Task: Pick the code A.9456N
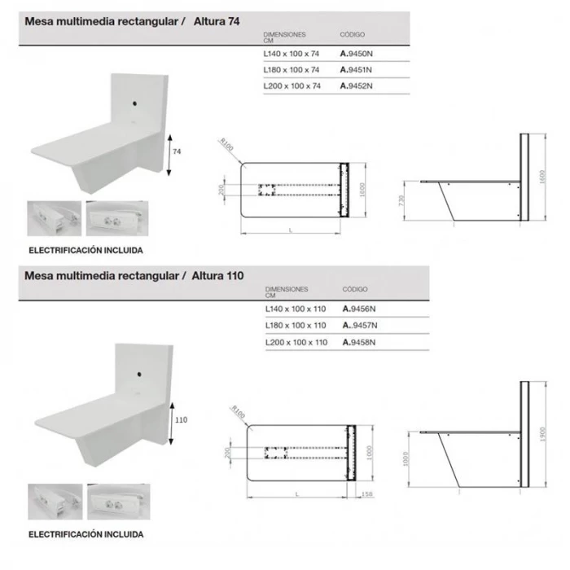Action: (359, 309)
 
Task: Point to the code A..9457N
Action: (361, 326)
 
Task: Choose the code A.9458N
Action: (359, 343)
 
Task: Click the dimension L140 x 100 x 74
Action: (292, 55)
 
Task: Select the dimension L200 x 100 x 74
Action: (292, 85)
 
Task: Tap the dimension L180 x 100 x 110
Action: (296, 326)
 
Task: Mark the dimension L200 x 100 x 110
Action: (296, 343)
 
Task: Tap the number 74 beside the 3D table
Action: (177, 152)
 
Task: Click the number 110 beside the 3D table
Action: (181, 420)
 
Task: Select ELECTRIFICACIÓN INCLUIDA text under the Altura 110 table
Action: (85, 535)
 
